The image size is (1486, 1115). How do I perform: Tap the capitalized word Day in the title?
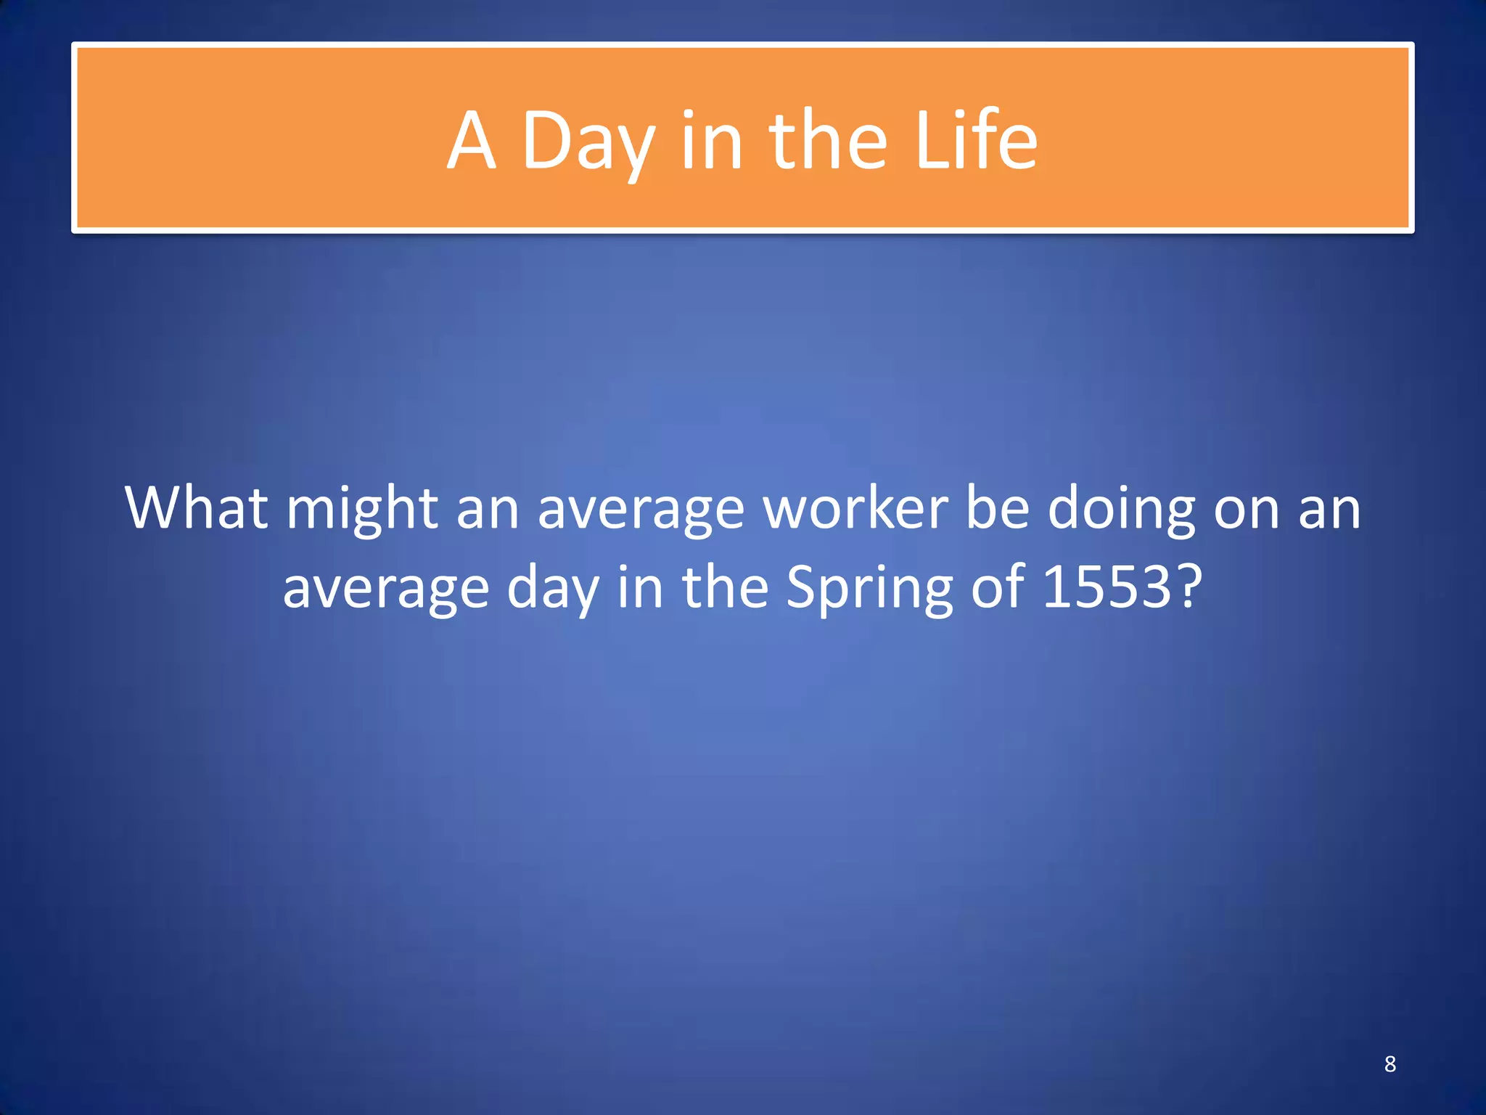pos(588,142)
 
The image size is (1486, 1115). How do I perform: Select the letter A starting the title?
pos(472,142)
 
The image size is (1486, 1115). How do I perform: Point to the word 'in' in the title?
pos(712,142)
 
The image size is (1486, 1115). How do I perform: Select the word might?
pos(362,509)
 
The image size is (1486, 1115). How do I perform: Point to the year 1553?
pos(1107,587)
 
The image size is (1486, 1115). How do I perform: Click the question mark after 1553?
pos(1189,587)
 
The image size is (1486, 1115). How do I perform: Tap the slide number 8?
pos(1390,1063)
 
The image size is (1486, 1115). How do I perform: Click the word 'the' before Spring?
pos(725,587)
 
